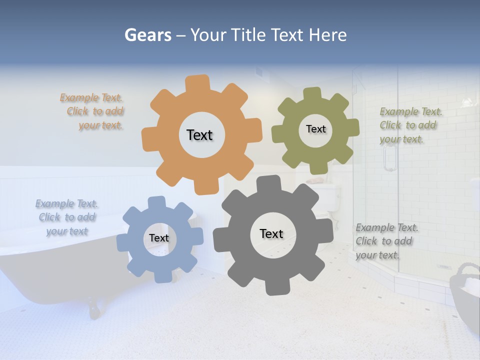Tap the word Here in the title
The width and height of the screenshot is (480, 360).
click(327, 35)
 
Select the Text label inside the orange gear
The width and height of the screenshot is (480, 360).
click(199, 135)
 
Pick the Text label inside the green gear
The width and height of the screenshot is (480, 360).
click(315, 129)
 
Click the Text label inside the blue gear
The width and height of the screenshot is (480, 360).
click(159, 238)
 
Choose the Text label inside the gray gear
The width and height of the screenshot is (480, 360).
click(271, 233)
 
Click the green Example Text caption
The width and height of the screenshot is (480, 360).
click(410, 125)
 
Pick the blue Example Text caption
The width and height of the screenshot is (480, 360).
click(67, 217)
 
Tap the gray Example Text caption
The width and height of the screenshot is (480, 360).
click(386, 241)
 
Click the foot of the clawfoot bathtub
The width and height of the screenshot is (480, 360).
click(94, 310)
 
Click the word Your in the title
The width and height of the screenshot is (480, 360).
click(209, 35)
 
